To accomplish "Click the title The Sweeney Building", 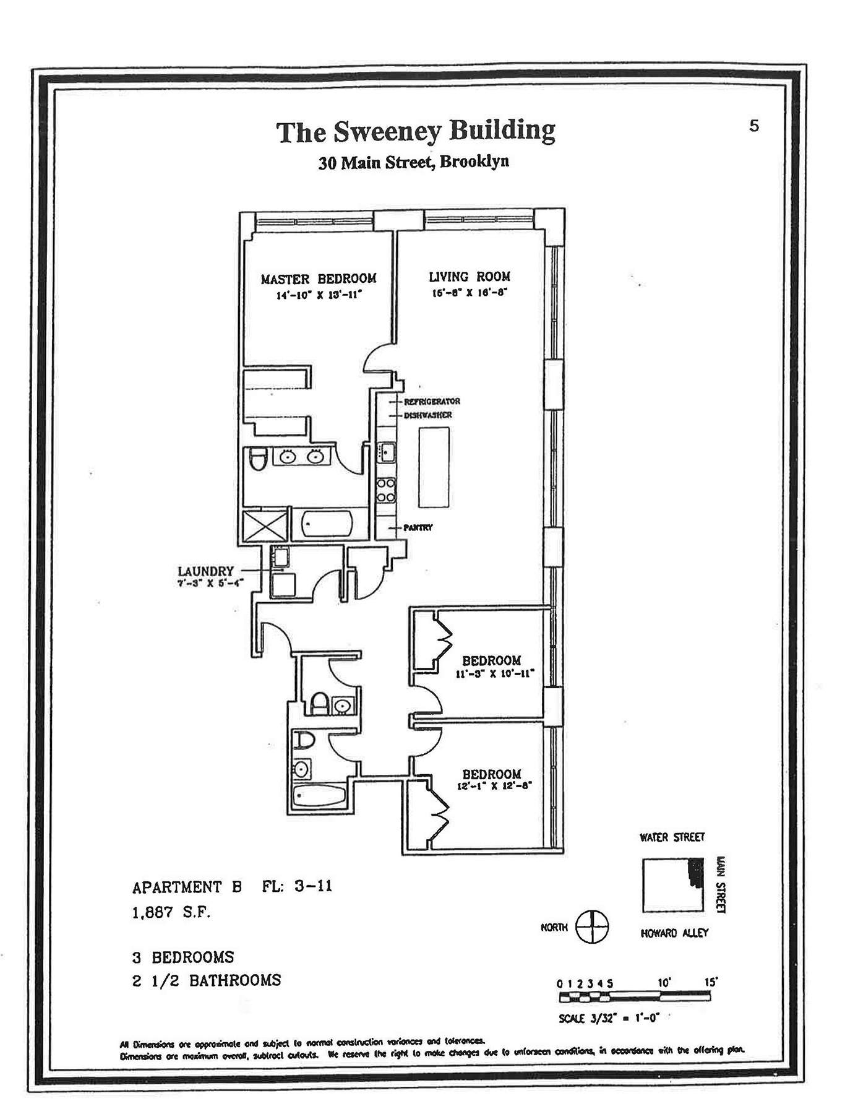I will (415, 132).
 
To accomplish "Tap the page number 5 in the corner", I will (753, 126).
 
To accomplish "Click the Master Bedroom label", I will (318, 279).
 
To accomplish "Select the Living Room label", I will (470, 277).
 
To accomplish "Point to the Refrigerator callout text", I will (432, 401).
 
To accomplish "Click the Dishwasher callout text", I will (428, 415).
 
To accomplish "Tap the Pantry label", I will (418, 528).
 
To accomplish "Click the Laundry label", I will (205, 571).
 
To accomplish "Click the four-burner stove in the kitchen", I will (387, 490).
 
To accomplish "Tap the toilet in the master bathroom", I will (257, 459).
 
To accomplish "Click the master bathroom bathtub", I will (326, 524).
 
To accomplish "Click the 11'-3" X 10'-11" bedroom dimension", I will (494, 674).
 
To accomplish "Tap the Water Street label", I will (672, 837).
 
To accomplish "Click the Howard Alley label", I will (674, 933).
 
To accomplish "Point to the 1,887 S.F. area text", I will (171, 912).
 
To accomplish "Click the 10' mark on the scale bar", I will (664, 983).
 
